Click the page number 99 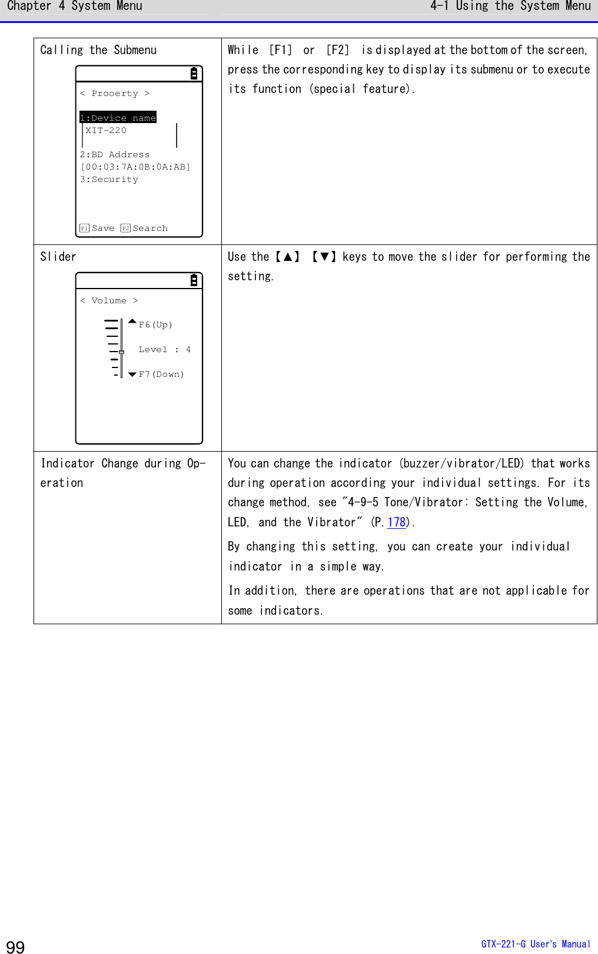coord(15,946)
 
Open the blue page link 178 coord(397,522)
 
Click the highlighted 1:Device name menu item coord(118,118)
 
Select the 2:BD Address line coord(115,155)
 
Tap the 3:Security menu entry coord(109,180)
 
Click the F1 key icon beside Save coord(84,228)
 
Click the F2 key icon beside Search coord(125,228)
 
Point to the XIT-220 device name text coord(106,131)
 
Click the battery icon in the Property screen coord(194,74)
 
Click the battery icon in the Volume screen coord(194,280)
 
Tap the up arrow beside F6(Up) coord(132,322)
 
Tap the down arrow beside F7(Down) coord(132,375)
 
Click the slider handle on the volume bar coord(121,352)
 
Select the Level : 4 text coord(164,350)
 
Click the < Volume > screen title coord(109,301)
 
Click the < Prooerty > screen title coord(115,94)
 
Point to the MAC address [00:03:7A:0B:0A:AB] coord(135,167)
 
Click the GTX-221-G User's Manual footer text coord(536,944)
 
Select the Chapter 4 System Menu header coord(75,6)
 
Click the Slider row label coord(58,257)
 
